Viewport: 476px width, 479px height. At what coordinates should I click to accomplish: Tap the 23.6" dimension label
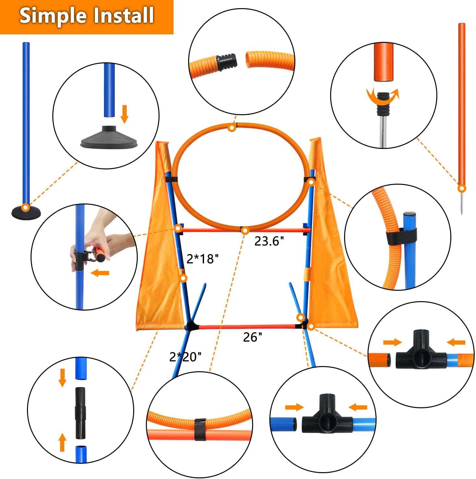[269, 241]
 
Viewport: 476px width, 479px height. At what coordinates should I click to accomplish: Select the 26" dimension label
[252, 338]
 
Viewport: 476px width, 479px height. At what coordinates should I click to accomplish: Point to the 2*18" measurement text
[202, 259]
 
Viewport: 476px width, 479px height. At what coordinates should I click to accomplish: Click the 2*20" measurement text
[185, 357]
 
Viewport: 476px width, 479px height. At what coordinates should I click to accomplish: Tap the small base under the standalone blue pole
[26, 213]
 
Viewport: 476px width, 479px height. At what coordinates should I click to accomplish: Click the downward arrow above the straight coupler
[62, 377]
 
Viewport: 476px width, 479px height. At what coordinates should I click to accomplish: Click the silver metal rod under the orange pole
[384, 131]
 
